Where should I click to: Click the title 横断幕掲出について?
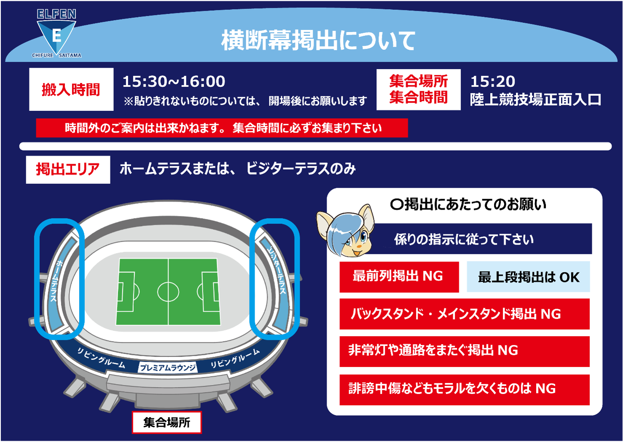click(318, 40)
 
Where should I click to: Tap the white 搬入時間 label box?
click(71, 89)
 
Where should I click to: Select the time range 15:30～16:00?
click(174, 81)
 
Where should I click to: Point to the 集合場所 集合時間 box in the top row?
click(418, 89)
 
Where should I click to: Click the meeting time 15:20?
click(493, 81)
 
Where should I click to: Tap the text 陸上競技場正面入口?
click(536, 100)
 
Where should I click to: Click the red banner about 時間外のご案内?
click(222, 128)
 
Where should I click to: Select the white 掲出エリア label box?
click(68, 170)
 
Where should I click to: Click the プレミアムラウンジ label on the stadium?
click(168, 368)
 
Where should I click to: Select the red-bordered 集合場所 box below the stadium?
click(166, 422)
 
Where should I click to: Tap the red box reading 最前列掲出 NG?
click(399, 277)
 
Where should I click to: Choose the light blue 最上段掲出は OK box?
click(528, 277)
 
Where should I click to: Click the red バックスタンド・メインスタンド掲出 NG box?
click(465, 314)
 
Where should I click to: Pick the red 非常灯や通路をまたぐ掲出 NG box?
click(465, 351)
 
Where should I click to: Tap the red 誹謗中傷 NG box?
click(465, 390)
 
